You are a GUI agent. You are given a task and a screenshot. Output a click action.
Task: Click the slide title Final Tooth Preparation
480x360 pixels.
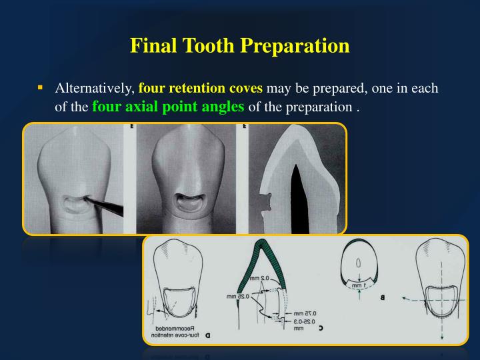point(239,46)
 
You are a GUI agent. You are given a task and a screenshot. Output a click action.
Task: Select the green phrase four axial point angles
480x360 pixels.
point(168,106)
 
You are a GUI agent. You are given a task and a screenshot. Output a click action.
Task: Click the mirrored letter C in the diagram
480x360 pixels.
point(321,327)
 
